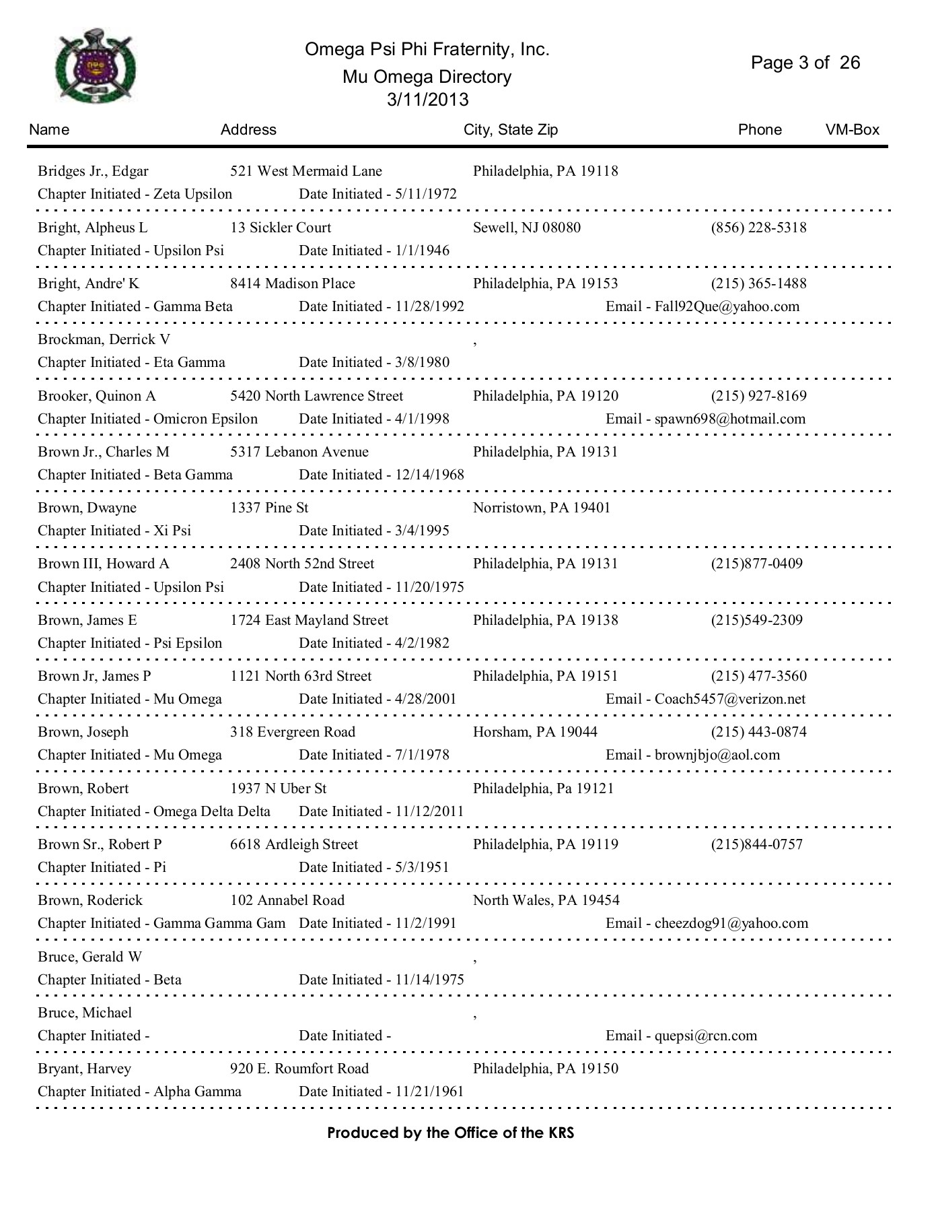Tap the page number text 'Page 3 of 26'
tap(805, 63)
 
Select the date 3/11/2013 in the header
tap(427, 100)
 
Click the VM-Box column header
tap(852, 130)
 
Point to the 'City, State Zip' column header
tap(511, 130)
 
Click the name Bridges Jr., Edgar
tap(93, 171)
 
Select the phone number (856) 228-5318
tap(758, 228)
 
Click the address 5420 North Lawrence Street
tap(316, 396)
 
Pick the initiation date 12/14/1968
tap(429, 475)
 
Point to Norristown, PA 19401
tap(542, 508)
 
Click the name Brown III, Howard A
tap(104, 564)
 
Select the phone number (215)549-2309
tap(756, 620)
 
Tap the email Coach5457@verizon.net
tap(729, 699)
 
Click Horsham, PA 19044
tap(535, 732)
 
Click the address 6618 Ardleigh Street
tap(294, 844)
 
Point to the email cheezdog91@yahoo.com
tap(731, 923)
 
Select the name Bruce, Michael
tap(85, 1013)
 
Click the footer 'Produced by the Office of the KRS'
tap(450, 1133)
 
